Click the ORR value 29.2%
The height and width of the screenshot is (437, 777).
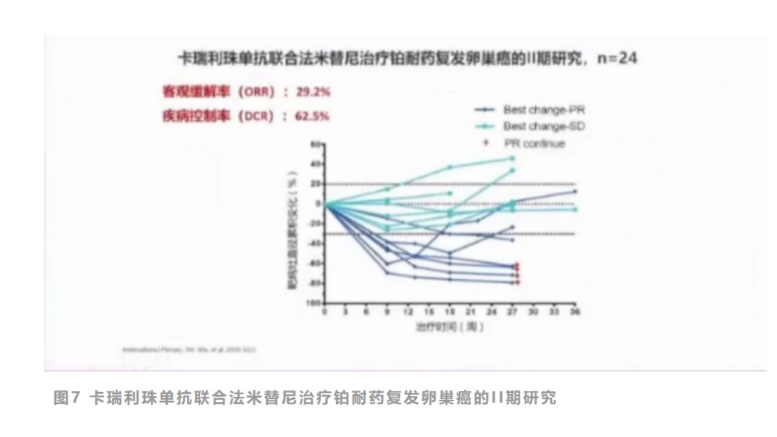coord(313,92)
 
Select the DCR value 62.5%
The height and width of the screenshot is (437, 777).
coord(313,115)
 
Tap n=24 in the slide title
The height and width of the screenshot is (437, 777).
coord(617,58)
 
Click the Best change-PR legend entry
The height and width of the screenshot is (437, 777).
coord(544,110)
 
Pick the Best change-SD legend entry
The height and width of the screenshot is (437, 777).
coord(544,126)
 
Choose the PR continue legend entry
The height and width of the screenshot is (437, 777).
coord(534,143)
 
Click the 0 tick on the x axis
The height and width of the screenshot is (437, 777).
coord(325,312)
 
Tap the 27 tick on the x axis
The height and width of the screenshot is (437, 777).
coord(512,312)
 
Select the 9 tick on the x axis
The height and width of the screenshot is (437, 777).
coord(387,312)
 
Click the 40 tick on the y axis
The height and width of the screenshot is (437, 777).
coord(314,164)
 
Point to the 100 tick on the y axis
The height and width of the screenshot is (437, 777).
coord(313,302)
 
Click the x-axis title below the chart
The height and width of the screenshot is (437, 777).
coord(450,327)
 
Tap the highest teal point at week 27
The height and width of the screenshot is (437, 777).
coord(512,158)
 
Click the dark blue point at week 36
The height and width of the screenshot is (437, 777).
coord(574,191)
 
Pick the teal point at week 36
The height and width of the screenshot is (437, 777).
coord(574,209)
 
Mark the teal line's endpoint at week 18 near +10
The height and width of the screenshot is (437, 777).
coord(450,193)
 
